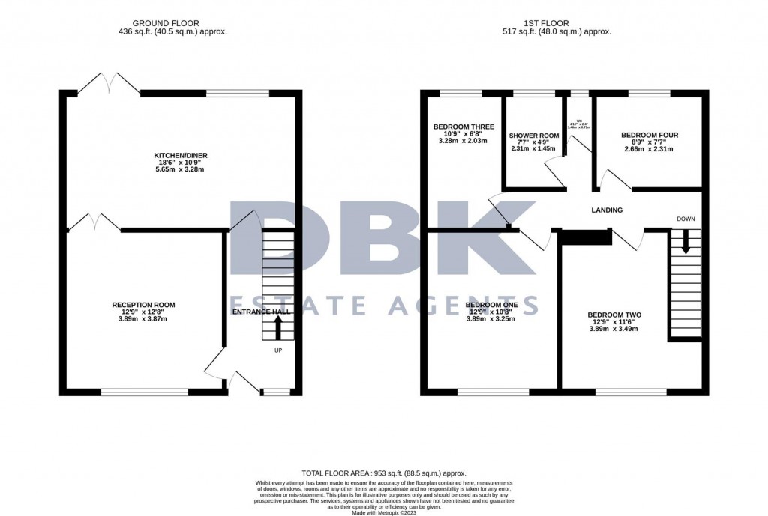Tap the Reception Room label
point(143,305)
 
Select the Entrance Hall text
point(259,312)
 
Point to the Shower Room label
point(534,136)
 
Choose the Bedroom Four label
point(649,135)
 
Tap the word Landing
point(606,210)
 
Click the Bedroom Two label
point(613,315)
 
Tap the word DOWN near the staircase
point(685,219)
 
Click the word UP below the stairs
point(277,350)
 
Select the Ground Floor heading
point(172,22)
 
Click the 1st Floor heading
point(556,22)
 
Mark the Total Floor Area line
point(383,473)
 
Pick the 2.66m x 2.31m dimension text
point(648,149)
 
